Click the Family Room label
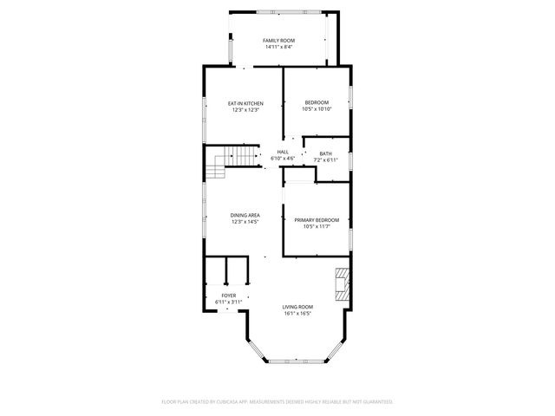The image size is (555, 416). pos(279,41)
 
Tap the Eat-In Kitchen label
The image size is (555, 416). pos(245,104)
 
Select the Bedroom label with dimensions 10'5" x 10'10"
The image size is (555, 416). pos(316,104)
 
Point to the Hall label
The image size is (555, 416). pos(283,153)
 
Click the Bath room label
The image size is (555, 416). pos(325,154)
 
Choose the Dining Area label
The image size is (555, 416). pos(245,215)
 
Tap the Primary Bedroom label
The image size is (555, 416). pos(316,220)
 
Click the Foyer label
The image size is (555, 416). pos(228,296)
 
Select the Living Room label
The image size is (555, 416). pos(297,307)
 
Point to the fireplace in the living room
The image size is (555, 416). pos(343,284)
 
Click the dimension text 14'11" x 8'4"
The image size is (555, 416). pos(279,47)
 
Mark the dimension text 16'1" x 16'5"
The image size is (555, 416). pos(297,314)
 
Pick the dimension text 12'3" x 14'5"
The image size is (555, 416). pos(245,222)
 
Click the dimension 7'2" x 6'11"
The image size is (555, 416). pos(325,160)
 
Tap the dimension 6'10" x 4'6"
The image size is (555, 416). pos(283,159)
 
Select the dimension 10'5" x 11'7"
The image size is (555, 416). pos(316,227)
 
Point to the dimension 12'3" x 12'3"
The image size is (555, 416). pos(245,110)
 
